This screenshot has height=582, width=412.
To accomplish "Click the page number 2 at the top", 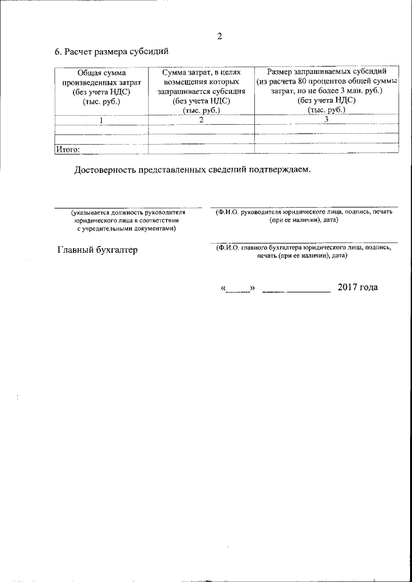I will point(219,36).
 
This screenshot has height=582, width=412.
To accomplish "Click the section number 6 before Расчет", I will point(57,52).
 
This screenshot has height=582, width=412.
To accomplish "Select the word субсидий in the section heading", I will point(151,52).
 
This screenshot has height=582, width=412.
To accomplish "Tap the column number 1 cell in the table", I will point(100,120).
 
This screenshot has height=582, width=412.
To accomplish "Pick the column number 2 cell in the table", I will point(201,120).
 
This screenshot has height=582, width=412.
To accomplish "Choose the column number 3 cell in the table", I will point(326,120).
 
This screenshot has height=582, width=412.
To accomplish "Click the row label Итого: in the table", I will point(68,149).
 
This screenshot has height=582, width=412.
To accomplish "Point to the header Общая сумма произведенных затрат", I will point(101,87).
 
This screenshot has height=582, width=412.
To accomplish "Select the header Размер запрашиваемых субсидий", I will point(326,72).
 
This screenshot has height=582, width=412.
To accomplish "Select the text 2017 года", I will point(357,287).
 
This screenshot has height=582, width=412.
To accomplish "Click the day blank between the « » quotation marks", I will point(238,288).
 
